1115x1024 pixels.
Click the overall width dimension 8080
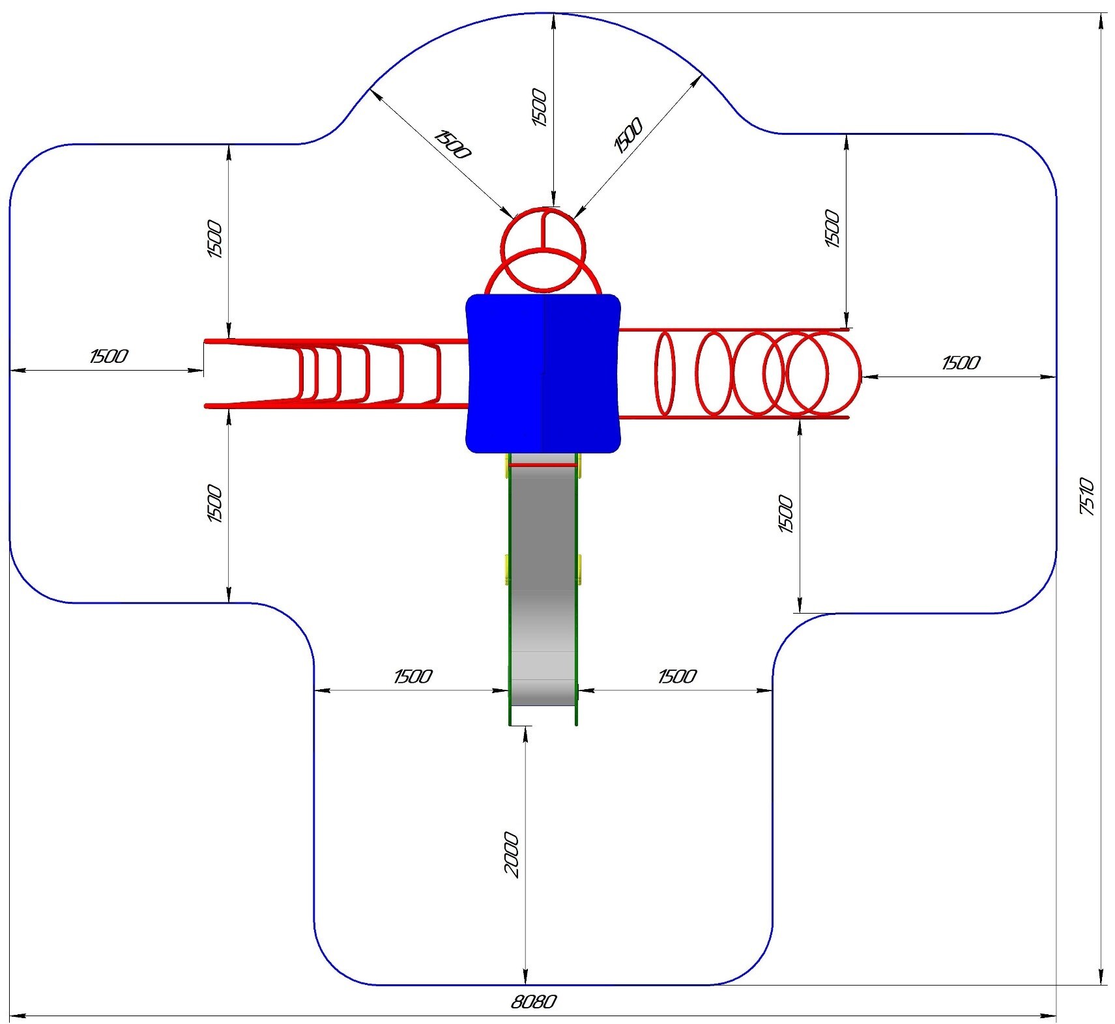click(x=534, y=1001)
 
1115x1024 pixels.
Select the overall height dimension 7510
click(x=1087, y=496)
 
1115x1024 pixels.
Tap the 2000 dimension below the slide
click(x=512, y=855)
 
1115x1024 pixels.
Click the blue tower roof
click(x=543, y=373)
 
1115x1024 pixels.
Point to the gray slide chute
click(x=543, y=580)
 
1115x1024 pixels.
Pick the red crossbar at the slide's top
click(x=543, y=464)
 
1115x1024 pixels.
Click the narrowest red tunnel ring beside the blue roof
click(x=665, y=373)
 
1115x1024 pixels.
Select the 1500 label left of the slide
click(x=413, y=676)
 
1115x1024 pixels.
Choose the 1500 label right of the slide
click(x=677, y=676)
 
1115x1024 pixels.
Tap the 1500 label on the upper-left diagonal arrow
click(x=452, y=144)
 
